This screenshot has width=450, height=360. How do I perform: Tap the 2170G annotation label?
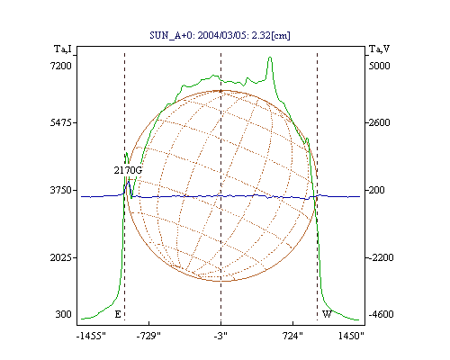128,170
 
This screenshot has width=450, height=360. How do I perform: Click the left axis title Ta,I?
63,49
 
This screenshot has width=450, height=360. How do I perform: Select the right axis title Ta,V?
379,49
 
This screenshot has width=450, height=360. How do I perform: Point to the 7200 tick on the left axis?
61,66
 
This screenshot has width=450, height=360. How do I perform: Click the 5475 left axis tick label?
61,122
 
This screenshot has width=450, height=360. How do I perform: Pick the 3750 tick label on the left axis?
61,190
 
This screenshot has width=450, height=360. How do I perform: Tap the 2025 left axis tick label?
61,257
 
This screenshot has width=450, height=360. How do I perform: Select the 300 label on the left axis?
63,314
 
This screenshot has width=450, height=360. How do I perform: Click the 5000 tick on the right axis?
379,66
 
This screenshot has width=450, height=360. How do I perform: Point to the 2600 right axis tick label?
379,122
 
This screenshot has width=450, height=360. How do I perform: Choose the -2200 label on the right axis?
381,257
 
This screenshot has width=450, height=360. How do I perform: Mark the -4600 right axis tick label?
381,314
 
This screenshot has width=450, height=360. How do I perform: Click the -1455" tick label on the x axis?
91,336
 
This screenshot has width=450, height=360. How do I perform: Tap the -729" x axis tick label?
148,336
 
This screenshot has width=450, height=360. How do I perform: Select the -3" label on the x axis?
220,336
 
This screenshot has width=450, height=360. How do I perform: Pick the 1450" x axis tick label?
351,336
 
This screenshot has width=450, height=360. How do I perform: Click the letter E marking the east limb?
118,314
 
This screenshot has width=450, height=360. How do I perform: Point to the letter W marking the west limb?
327,314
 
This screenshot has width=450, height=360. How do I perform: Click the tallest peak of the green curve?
270,58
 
